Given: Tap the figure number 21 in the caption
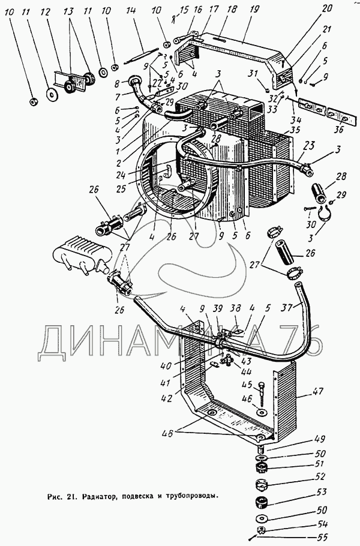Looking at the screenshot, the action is tap(70, 496).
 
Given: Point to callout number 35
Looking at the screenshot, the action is tap(294, 129).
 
